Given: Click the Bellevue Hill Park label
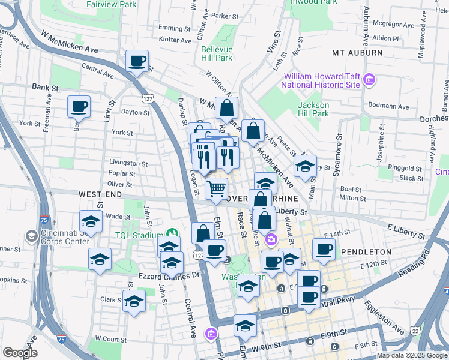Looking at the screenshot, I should [x=216, y=53].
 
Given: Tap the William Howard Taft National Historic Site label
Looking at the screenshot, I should [x=322, y=80].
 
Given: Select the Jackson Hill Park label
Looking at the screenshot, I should [x=313, y=109].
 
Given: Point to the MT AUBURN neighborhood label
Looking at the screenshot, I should [x=357, y=53].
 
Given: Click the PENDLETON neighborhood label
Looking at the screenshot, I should [x=366, y=252].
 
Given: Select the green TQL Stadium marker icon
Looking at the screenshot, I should [x=173, y=233].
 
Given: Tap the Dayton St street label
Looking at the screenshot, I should [x=135, y=112].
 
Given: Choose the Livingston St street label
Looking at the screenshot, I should [x=128, y=163].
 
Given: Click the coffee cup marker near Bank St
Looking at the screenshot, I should [x=79, y=107].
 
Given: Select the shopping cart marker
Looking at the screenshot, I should [x=216, y=188].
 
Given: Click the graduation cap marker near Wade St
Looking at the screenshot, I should [x=91, y=221].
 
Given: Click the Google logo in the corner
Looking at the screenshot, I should [x=20, y=353].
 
